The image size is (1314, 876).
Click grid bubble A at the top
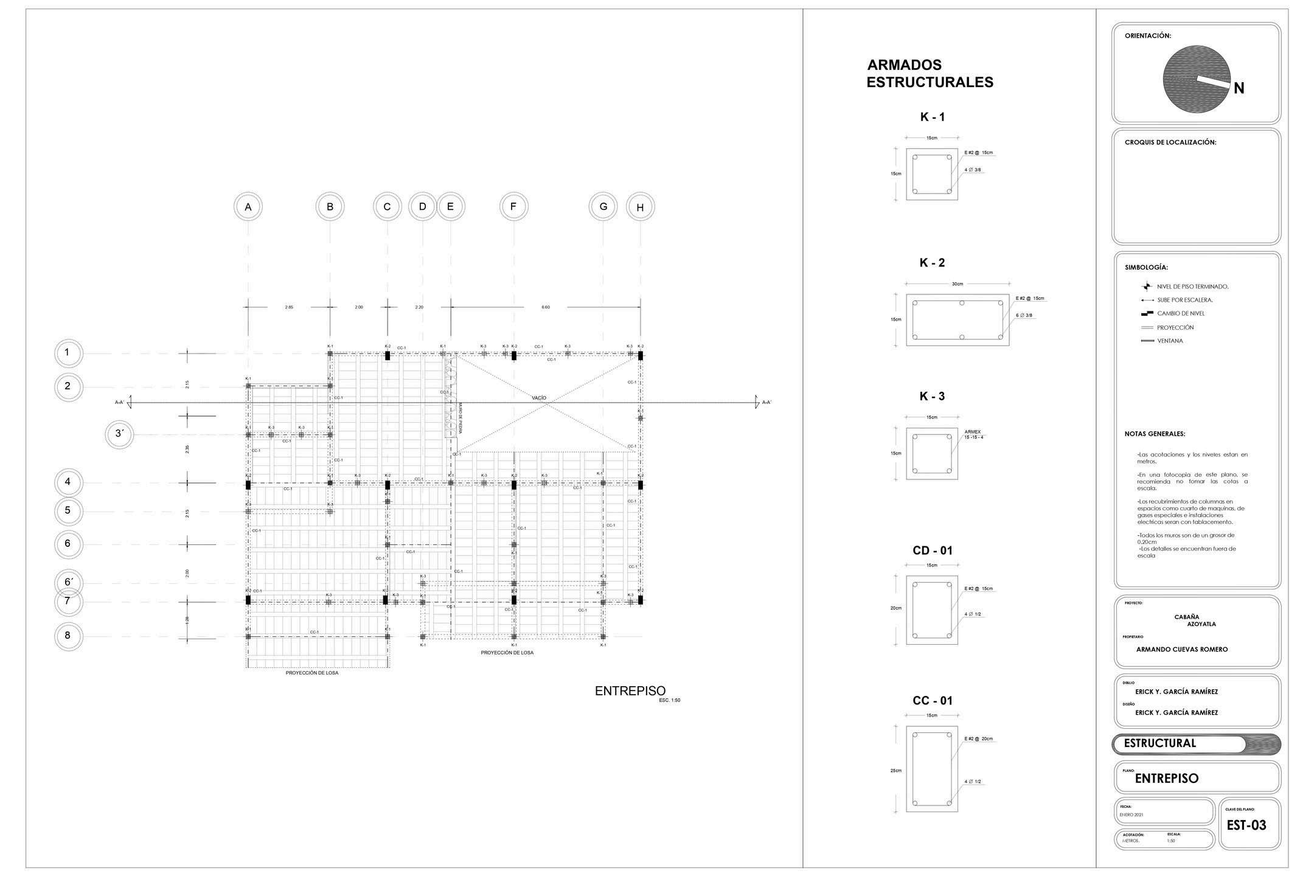pyautogui.click(x=248, y=207)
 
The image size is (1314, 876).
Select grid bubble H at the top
pyautogui.click(x=640, y=207)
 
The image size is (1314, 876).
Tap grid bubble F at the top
pyautogui.click(x=513, y=207)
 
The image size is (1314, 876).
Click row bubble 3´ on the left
pyautogui.click(x=120, y=434)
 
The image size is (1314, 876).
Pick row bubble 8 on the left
pyautogui.click(x=68, y=636)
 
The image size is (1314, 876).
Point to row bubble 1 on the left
pyautogui.click(x=68, y=353)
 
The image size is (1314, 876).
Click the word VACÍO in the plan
pyautogui.click(x=539, y=398)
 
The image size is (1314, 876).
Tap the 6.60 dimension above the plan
pyautogui.click(x=546, y=307)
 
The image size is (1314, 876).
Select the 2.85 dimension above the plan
pyautogui.click(x=289, y=307)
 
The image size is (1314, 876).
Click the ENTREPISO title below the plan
pyautogui.click(x=630, y=691)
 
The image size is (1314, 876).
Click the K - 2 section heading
pyautogui.click(x=932, y=263)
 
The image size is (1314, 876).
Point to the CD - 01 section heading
pyautogui.click(x=932, y=551)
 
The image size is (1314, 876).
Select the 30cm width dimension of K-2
pyautogui.click(x=958, y=284)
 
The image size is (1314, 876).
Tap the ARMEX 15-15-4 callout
pyautogui.click(x=974, y=434)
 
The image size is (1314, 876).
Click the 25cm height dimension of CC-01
pyautogui.click(x=896, y=771)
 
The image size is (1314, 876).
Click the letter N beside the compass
pyautogui.click(x=1239, y=89)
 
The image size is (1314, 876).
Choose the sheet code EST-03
pyautogui.click(x=1246, y=826)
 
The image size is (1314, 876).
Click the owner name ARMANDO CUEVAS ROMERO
pyautogui.click(x=1182, y=649)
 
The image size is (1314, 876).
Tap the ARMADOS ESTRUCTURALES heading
pyautogui.click(x=930, y=74)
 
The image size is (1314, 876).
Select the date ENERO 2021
pyautogui.click(x=1131, y=814)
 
